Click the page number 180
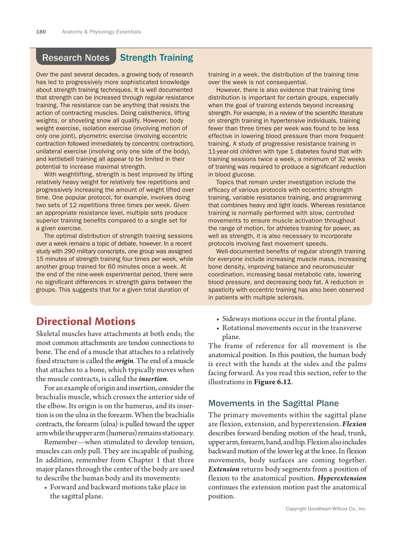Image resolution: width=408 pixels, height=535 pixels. tap(41, 32)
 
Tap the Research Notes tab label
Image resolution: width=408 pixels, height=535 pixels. tap(76, 58)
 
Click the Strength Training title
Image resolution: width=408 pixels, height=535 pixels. tap(156, 58)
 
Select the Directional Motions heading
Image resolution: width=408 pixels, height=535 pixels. tap(86, 321)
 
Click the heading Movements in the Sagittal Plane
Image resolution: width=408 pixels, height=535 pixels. tap(273, 403)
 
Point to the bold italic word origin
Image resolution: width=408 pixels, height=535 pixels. tap(125, 361)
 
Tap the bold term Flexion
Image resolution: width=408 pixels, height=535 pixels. tap(354, 424)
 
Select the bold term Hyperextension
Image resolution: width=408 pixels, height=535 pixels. tap(342, 478)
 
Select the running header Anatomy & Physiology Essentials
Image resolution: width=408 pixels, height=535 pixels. tap(101, 32)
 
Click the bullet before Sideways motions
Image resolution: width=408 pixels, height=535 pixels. tap(218, 318)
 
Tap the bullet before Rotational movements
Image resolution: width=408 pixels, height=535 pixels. tap(218, 328)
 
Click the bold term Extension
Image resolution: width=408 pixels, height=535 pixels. tap(223, 469)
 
